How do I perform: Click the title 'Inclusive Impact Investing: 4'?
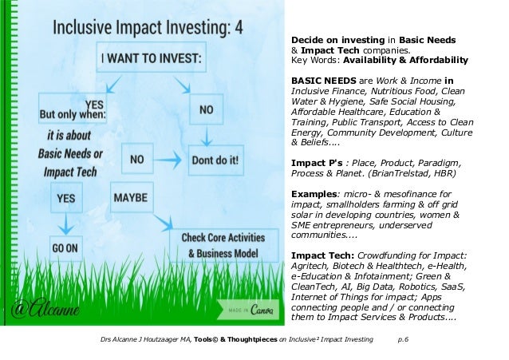[148, 29]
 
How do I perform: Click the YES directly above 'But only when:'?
[93, 103]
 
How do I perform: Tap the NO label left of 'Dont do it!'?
[137, 159]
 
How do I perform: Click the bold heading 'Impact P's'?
[314, 160]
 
